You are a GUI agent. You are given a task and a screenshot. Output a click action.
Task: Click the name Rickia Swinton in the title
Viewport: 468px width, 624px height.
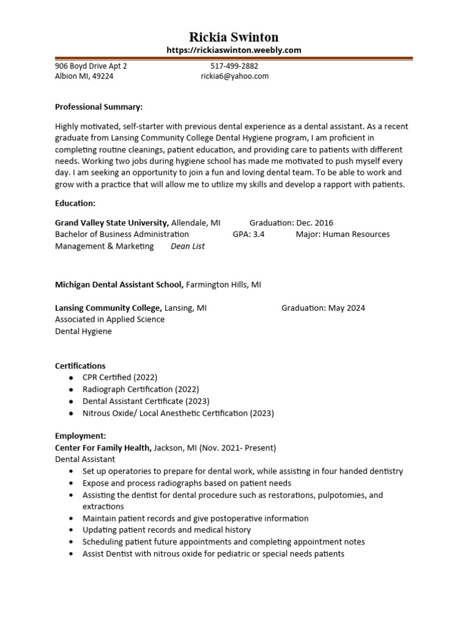click(x=233, y=37)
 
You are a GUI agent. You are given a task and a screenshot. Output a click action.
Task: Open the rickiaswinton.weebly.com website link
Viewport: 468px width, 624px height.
click(x=233, y=50)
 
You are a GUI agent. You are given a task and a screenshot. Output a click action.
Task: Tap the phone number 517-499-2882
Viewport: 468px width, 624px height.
click(x=235, y=66)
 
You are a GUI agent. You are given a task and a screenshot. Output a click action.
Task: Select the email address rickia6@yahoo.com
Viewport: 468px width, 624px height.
click(x=235, y=76)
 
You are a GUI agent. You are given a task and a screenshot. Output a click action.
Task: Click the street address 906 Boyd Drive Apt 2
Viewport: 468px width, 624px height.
click(x=91, y=66)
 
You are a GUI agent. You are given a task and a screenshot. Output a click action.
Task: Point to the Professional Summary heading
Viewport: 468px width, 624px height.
click(x=99, y=107)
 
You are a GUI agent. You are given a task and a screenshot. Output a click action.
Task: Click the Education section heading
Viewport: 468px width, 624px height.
click(x=75, y=203)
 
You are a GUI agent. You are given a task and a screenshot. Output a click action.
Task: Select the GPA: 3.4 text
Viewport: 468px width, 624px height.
click(x=249, y=234)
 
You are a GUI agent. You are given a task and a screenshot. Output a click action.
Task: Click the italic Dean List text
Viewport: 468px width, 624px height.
click(x=188, y=246)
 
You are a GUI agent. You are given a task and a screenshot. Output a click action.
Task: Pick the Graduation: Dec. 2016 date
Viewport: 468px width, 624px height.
click(x=291, y=222)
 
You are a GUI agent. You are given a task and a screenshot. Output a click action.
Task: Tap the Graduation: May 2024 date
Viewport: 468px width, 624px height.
click(x=323, y=308)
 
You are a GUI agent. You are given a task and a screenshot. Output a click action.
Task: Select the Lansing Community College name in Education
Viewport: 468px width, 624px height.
click(x=108, y=308)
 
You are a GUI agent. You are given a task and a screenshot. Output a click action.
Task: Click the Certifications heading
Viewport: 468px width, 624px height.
click(x=80, y=366)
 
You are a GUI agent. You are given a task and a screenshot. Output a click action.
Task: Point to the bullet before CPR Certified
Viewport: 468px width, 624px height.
click(x=71, y=378)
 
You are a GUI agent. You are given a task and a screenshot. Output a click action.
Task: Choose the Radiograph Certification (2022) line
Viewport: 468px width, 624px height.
click(x=141, y=389)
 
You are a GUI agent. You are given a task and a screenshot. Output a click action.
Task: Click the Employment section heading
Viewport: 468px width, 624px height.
click(x=80, y=436)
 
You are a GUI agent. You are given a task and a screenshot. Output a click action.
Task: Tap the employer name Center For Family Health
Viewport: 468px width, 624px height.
click(x=103, y=447)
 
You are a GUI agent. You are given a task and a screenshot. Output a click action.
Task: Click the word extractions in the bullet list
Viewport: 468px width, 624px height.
click(x=103, y=506)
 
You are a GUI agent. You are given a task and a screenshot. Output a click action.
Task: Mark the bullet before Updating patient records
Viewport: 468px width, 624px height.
click(x=71, y=530)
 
